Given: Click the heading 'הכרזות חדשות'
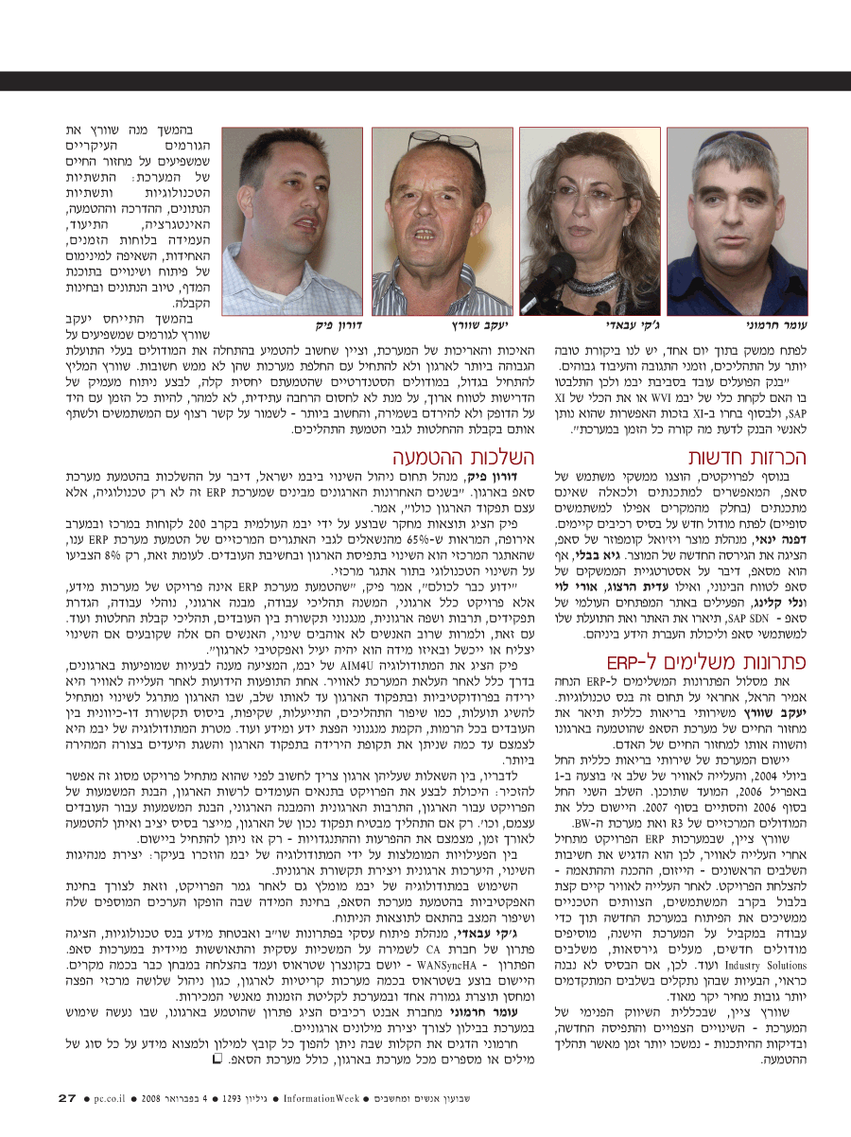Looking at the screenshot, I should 764,457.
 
